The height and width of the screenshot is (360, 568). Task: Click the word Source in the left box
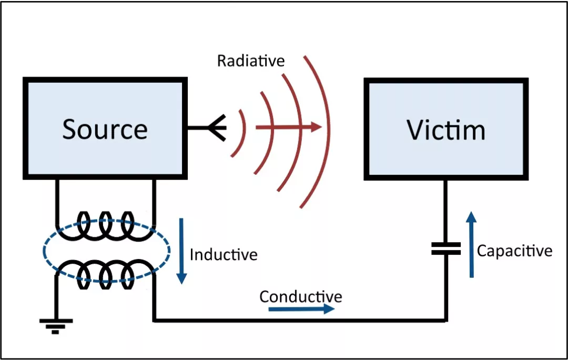click(105, 129)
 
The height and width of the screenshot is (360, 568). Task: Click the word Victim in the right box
click(446, 130)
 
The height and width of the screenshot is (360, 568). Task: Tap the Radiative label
click(251, 61)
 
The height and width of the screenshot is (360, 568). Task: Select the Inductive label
click(224, 255)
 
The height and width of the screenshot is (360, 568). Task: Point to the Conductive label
click(301, 296)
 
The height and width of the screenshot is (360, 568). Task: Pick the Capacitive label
click(514, 251)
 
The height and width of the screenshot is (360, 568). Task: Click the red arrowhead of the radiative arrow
click(316, 127)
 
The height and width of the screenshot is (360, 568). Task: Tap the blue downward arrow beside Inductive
click(181, 251)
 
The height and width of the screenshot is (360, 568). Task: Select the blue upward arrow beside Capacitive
click(471, 244)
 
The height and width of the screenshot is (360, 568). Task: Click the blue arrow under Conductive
click(301, 309)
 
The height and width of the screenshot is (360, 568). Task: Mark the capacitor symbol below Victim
click(446, 249)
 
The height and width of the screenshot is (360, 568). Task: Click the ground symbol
click(56, 326)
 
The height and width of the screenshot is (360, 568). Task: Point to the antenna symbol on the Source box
click(217, 127)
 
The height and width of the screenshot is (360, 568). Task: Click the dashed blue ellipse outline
click(43, 250)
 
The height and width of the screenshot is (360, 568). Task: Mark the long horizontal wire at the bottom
click(300, 321)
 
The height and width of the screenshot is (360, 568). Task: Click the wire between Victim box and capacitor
click(445, 211)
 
